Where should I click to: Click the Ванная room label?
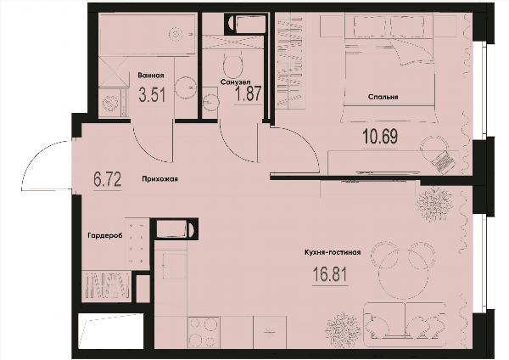tap(151, 76)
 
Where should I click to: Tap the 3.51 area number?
tap(152, 95)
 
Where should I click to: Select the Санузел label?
tap(235, 82)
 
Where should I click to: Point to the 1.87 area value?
tap(248, 93)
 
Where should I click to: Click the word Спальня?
tap(383, 97)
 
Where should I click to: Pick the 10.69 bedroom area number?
tap(380, 137)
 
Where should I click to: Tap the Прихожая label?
tap(159, 178)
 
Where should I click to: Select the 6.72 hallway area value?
tap(108, 180)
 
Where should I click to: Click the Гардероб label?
tap(105, 236)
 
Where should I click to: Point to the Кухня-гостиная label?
tap(333, 252)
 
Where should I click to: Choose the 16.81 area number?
tap(330, 274)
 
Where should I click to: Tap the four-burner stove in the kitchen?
tap(204, 332)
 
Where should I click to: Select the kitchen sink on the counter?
tap(174, 266)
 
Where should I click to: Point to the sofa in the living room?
tap(405, 321)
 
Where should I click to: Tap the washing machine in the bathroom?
tap(110, 103)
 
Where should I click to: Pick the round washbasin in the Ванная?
tap(185, 87)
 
